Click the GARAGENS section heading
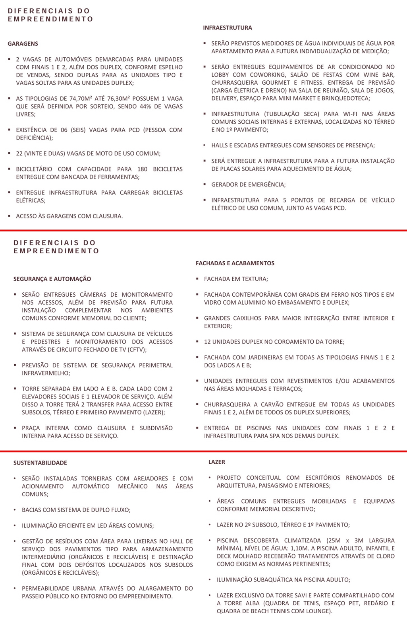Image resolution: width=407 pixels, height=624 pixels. pos(23,44)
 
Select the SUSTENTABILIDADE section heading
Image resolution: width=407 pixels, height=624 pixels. pos(40,463)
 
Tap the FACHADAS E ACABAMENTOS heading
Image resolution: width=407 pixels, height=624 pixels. pos(235,263)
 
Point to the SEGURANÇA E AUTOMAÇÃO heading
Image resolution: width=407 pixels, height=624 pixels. pos(52,279)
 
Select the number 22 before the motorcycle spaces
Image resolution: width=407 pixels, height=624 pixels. pos(19,154)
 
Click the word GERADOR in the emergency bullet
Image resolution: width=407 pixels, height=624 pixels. pos(224,185)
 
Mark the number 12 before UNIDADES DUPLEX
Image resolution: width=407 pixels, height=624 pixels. pos(208,342)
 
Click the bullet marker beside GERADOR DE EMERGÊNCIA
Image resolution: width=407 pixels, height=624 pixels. pos(204,185)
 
